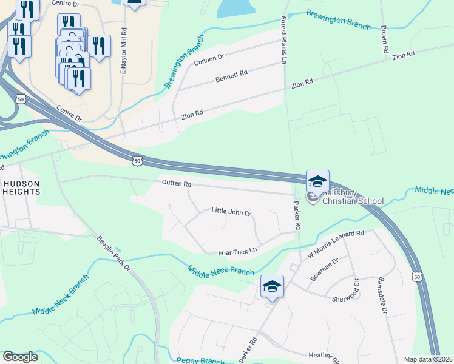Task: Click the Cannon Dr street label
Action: [x=209, y=59]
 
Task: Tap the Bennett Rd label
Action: [x=231, y=76]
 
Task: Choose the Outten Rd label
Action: [x=177, y=183]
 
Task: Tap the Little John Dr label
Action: [x=231, y=212]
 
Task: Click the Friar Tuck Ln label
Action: [x=237, y=251]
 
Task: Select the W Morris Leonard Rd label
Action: [x=335, y=242]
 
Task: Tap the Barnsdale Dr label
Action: [x=383, y=294]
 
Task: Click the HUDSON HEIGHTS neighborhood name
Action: [x=21, y=187]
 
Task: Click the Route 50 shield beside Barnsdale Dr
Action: [x=416, y=277]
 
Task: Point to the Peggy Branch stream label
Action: [x=200, y=360]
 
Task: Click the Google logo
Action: [x=21, y=357]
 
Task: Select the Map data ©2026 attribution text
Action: [x=428, y=359]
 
